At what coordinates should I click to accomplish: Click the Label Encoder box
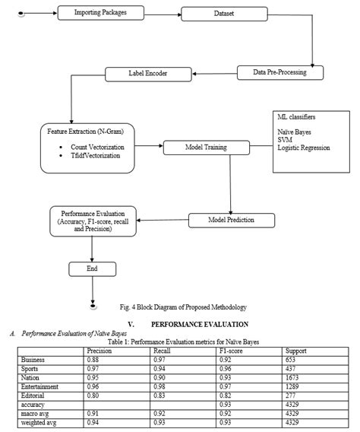click(147, 74)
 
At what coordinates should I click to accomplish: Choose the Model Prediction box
click(232, 220)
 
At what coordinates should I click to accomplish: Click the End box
click(92, 268)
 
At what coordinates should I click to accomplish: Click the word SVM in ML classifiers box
click(283, 139)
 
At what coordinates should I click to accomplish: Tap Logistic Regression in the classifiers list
click(304, 147)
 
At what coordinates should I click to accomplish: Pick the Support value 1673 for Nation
click(293, 378)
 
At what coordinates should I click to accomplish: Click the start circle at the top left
click(21, 14)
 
